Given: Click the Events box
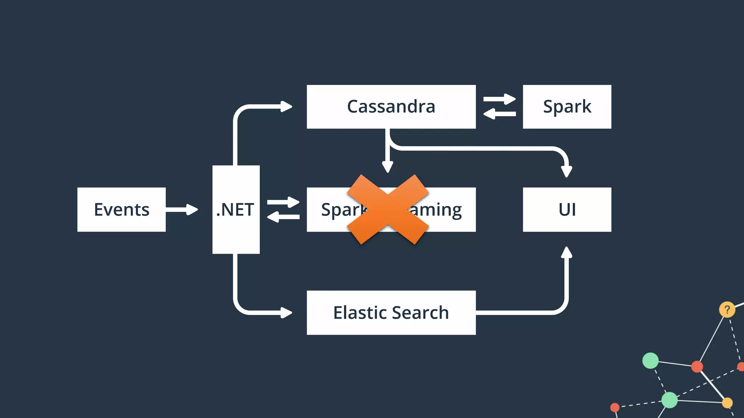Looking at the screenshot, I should click(x=121, y=209).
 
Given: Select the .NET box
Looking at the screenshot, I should click(x=236, y=209).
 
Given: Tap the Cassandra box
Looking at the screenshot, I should click(x=391, y=107).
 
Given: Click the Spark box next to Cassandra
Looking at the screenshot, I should click(x=567, y=107).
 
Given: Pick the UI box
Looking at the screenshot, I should click(x=567, y=209).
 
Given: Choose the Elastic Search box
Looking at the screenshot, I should click(x=391, y=312).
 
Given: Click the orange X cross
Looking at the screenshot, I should click(x=388, y=209).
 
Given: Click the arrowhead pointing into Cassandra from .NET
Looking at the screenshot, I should click(x=286, y=107).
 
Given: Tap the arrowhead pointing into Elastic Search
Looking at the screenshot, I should click(x=286, y=312).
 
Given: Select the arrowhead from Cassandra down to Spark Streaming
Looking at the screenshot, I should click(x=388, y=167).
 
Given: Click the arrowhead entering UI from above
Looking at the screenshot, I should click(x=566, y=171).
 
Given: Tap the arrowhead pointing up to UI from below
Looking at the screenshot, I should click(x=566, y=253).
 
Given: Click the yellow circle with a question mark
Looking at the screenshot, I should click(x=727, y=310).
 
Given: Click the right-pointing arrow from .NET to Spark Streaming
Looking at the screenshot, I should click(x=283, y=202).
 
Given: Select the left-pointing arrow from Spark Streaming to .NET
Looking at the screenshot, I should click(x=283, y=217).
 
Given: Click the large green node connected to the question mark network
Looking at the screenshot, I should click(x=650, y=360).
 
